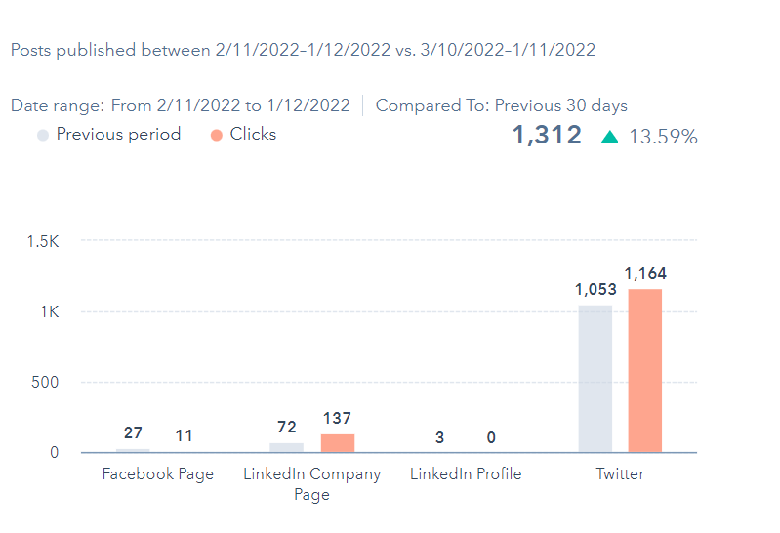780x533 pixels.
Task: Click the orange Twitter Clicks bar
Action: click(644, 371)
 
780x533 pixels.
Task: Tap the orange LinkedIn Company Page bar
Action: click(338, 443)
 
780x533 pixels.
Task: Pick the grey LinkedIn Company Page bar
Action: click(287, 447)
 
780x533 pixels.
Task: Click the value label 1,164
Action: click(645, 274)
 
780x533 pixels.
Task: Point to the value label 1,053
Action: click(595, 290)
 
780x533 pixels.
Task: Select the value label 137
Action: click(337, 419)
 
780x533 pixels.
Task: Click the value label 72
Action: click(286, 428)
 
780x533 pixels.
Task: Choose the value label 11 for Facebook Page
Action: click(184, 436)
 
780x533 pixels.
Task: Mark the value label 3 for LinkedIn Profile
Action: click(439, 437)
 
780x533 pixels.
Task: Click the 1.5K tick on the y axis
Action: click(42, 241)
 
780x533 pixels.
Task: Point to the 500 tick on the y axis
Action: click(46, 383)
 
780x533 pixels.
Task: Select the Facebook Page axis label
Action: click(157, 474)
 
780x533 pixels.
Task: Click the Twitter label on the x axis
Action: click(620, 474)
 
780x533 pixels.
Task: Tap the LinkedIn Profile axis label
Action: click(466, 474)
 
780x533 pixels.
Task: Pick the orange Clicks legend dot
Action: click(217, 135)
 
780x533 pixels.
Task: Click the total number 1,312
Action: click(547, 136)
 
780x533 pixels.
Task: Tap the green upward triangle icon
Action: click(610, 137)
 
